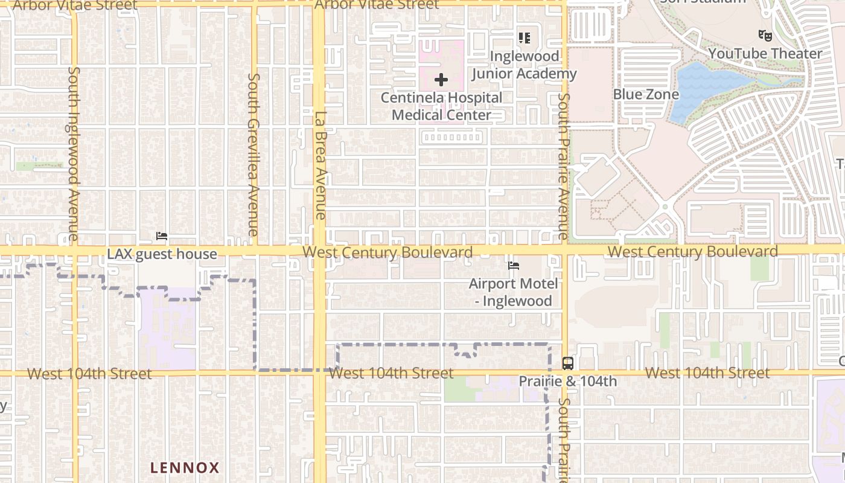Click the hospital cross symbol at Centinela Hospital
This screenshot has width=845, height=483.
(441, 80)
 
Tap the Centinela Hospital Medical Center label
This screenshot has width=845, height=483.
(441, 106)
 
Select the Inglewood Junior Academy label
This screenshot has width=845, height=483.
(524, 65)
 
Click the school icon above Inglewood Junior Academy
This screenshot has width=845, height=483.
(525, 38)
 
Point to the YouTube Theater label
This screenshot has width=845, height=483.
(765, 54)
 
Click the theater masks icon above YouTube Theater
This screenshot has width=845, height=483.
(765, 36)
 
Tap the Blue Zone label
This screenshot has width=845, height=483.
(646, 94)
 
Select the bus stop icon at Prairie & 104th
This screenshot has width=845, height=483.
(568, 363)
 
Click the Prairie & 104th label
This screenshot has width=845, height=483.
(568, 382)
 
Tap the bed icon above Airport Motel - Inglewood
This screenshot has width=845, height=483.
(514, 265)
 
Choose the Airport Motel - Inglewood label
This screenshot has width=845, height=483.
(514, 292)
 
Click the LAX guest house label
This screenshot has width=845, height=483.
(162, 254)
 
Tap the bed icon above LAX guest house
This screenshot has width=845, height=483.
(162, 236)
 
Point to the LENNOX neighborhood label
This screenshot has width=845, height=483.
(185, 467)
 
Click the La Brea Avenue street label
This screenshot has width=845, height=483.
(320, 165)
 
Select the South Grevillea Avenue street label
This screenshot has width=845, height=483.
(253, 155)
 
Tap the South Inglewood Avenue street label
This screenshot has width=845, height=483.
(73, 153)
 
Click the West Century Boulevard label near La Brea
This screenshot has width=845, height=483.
(387, 252)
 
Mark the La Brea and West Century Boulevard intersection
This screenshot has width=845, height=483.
(319, 251)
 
